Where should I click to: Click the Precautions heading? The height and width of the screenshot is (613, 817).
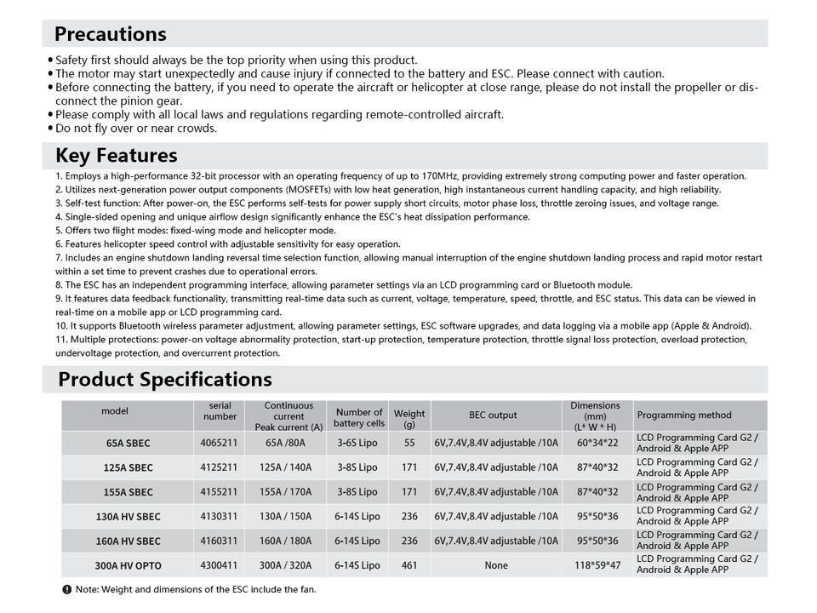pyautogui.click(x=110, y=34)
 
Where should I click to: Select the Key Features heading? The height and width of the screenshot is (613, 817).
pyautogui.click(x=116, y=156)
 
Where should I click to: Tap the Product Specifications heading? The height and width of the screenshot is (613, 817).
pyautogui.click(x=164, y=380)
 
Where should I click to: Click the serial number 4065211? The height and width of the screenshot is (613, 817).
pyautogui.click(x=220, y=443)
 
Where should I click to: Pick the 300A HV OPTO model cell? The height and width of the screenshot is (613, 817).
pyautogui.click(x=128, y=565)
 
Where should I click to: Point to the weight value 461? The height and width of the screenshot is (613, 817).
pyautogui.click(x=408, y=565)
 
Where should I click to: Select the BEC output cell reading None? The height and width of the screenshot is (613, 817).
pyautogui.click(x=495, y=565)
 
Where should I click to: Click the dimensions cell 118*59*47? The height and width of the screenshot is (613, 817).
pyautogui.click(x=597, y=565)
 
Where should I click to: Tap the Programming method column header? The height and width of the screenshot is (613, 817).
pyautogui.click(x=683, y=415)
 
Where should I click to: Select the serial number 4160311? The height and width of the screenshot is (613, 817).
pyautogui.click(x=220, y=541)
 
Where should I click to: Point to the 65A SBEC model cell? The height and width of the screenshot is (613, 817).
pyautogui.click(x=128, y=443)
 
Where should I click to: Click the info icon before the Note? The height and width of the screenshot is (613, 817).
pyautogui.click(x=67, y=589)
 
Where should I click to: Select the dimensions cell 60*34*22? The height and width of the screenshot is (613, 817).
pyautogui.click(x=597, y=443)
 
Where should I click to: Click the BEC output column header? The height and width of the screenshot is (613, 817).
pyautogui.click(x=493, y=415)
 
